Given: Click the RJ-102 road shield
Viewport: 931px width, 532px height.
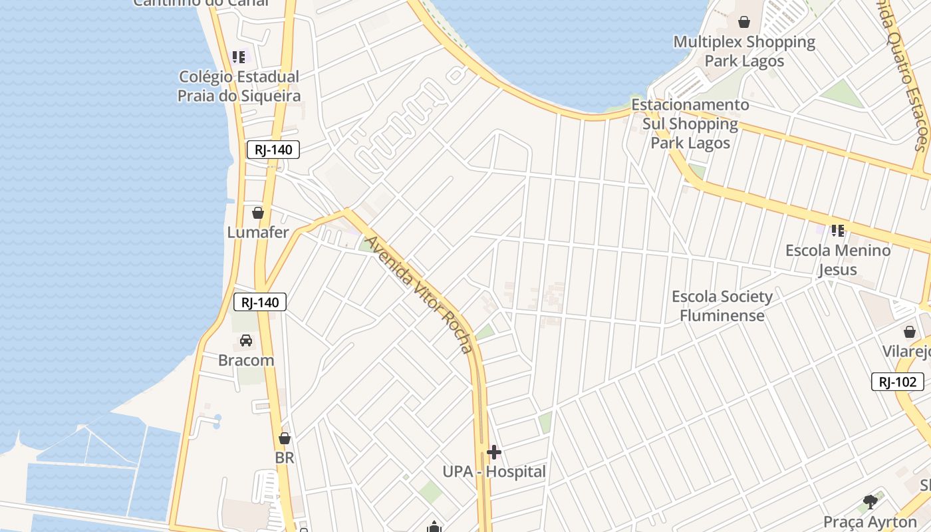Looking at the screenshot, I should (897, 382).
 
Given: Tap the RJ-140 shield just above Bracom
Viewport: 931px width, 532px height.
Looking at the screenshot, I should (260, 303).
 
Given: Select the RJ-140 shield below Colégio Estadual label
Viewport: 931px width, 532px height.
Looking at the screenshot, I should (273, 150).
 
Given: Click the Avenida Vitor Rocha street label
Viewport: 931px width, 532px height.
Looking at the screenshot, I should (420, 295).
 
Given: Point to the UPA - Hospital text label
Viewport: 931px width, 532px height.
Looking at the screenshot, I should (494, 471).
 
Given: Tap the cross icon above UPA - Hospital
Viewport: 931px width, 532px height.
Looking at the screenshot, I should (494, 453).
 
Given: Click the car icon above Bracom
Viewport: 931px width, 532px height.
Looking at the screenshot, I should (246, 340).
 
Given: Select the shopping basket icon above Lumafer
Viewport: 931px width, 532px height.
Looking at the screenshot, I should (258, 213).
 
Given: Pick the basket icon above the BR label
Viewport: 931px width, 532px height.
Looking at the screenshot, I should (285, 438).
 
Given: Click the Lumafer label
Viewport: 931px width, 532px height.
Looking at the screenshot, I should (258, 232).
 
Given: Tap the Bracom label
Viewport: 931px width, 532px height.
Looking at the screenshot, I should (246, 360).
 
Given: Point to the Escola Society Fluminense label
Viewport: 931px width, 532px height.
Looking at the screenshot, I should (722, 306).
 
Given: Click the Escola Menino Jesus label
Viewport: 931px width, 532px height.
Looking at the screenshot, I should (838, 260).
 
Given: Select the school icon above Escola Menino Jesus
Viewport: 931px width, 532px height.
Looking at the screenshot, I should (838, 231).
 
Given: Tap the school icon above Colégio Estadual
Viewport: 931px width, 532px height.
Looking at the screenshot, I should (239, 57).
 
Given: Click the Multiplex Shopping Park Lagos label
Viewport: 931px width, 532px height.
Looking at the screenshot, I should (744, 51).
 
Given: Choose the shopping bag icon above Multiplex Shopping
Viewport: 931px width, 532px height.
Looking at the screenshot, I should (744, 22).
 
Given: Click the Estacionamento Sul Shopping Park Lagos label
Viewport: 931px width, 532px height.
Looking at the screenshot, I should (690, 124).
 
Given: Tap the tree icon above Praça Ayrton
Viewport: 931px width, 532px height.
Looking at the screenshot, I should (870, 502).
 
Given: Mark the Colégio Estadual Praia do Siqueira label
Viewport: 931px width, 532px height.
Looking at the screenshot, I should (239, 86).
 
